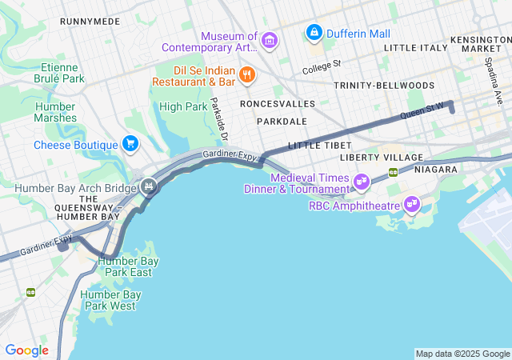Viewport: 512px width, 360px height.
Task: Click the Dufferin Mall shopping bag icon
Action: coord(314,34)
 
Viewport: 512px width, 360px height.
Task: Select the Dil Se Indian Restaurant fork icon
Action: coord(247,75)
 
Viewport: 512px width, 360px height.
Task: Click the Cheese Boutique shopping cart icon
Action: coord(130,144)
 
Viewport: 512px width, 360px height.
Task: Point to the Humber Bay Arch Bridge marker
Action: coord(147,188)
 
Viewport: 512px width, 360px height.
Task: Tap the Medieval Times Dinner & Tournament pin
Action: coord(362,182)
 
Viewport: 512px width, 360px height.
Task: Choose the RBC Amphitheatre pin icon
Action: coord(412,205)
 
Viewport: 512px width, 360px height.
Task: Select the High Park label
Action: coord(183,106)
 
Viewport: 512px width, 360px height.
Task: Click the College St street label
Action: coord(322,66)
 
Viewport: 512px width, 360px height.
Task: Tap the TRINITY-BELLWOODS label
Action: coord(384,85)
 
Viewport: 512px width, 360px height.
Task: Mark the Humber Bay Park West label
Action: coord(111,300)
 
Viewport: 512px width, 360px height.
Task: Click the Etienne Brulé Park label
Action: coord(59,73)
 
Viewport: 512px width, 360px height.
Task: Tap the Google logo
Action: coord(26,350)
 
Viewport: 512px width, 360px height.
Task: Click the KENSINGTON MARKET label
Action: coord(480,44)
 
